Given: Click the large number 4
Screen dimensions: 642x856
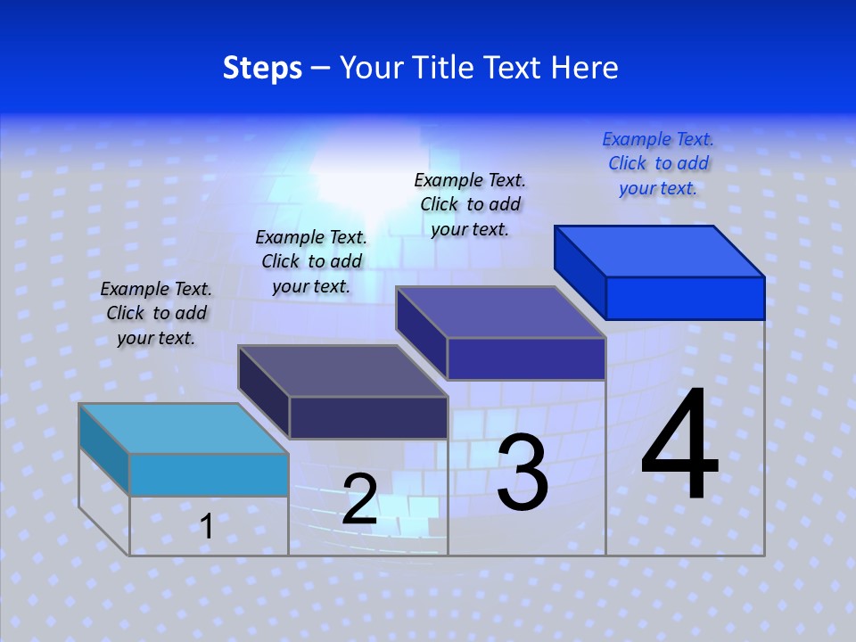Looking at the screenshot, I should (679, 446).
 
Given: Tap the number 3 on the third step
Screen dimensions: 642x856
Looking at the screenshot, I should (523, 473).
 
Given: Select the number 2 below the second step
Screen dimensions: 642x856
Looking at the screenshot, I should (359, 499).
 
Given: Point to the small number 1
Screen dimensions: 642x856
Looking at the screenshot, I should (207, 526).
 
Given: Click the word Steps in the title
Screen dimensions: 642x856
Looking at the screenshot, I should (262, 68).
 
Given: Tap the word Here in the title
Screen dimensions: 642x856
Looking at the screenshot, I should (585, 68).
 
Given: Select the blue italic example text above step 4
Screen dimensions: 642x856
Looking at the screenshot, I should (658, 163).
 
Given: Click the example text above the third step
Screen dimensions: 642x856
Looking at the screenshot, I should (470, 204).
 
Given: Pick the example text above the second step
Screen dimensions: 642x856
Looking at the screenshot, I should (311, 261).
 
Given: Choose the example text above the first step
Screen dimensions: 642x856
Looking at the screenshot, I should (156, 313).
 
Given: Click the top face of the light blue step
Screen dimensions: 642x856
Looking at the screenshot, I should (184, 428).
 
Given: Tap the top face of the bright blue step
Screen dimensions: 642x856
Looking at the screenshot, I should (660, 251).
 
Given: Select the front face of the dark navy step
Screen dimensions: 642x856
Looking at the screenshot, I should (368, 417).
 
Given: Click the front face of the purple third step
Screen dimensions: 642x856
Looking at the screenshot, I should (526, 358).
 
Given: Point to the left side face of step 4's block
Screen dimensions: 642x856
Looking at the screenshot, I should (580, 271).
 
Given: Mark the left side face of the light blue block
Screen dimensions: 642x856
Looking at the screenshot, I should (104, 449).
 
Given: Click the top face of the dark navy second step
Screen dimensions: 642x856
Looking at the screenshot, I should (342, 370).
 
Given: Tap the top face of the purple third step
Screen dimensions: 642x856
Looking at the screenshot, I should (501, 312).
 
